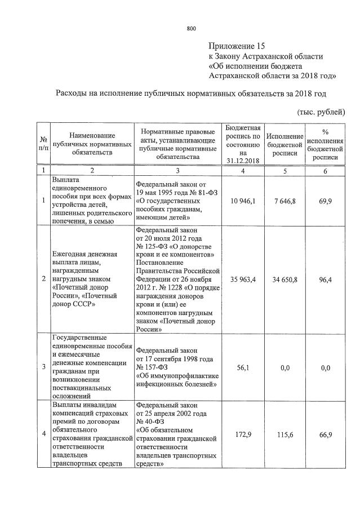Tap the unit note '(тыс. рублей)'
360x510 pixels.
pyautogui.click(x=321, y=112)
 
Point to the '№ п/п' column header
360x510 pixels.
pyautogui.click(x=43, y=144)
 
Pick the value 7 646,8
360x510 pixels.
pyautogui.click(x=285, y=200)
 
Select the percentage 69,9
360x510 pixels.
pyautogui.click(x=325, y=200)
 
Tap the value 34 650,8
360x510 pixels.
pyautogui.click(x=285, y=279)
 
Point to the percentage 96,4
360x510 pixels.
pyautogui.click(x=325, y=279)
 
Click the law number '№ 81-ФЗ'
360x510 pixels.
pyautogui.click(x=202, y=191)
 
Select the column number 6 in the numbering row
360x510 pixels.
pyautogui.click(x=325, y=170)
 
